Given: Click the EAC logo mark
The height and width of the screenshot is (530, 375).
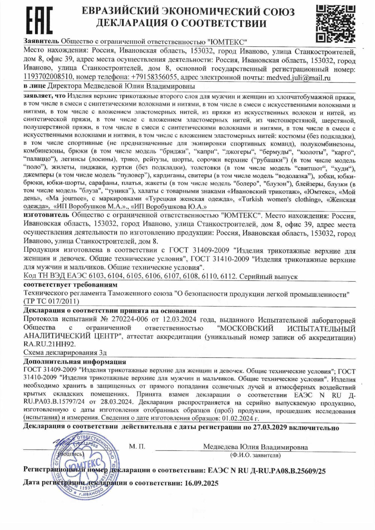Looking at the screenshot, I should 39,21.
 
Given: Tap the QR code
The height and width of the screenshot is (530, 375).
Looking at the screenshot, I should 335,23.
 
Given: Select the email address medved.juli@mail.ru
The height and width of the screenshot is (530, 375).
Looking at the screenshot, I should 298,78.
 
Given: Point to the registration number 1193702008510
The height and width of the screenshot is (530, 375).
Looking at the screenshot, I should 48,78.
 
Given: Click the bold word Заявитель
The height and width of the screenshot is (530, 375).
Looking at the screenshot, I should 41,41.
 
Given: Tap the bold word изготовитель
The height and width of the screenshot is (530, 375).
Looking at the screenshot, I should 46,216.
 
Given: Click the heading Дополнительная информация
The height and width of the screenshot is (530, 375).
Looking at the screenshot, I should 75,362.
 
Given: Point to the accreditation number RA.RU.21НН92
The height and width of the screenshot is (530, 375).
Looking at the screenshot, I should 49,344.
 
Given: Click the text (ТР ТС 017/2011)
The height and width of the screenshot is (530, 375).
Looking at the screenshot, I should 51,301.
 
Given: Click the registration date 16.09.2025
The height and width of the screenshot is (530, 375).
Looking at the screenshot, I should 201,483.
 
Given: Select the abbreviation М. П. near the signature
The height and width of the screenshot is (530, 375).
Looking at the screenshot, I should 137,446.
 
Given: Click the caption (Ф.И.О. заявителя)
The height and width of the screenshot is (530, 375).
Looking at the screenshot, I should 255,455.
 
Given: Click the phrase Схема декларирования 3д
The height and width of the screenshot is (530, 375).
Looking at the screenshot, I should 65,353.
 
